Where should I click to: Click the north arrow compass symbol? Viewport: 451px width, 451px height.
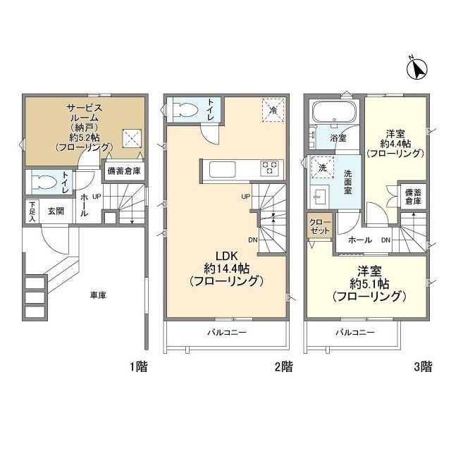click(x=418, y=69)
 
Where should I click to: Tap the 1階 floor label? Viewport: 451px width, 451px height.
click(x=137, y=366)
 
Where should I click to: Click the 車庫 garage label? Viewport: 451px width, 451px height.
click(x=87, y=295)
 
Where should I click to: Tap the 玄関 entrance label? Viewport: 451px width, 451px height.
click(x=56, y=209)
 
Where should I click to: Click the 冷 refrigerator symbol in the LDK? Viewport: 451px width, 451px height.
click(x=271, y=109)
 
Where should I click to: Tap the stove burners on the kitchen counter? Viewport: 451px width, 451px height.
click(x=270, y=168)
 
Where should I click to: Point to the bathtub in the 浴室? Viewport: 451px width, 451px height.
click(x=335, y=113)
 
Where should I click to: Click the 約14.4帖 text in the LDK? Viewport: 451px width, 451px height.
click(x=225, y=268)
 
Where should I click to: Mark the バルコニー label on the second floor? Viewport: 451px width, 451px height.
click(x=226, y=331)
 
